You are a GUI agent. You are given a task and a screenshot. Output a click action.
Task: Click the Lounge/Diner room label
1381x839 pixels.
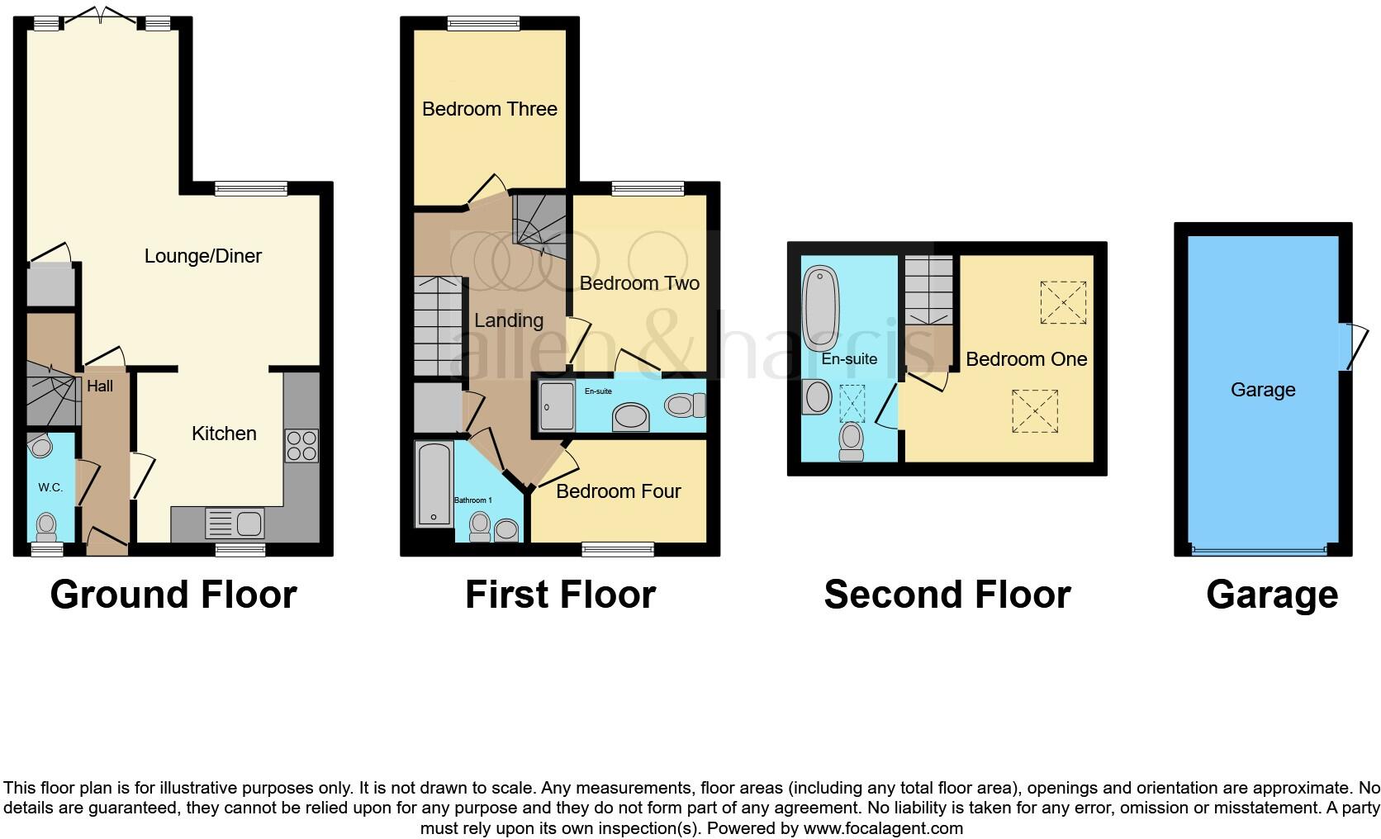tap(202, 256)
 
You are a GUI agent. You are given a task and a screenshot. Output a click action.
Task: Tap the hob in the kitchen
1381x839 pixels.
tap(301, 446)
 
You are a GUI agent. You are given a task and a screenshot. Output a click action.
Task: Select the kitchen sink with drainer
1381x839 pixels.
tap(235, 524)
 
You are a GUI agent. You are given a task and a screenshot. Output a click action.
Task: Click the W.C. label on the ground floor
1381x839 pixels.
tap(50, 487)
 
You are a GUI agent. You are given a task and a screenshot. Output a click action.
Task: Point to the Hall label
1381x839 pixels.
tap(100, 386)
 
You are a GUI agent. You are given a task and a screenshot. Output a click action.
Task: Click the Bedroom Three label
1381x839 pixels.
tap(489, 109)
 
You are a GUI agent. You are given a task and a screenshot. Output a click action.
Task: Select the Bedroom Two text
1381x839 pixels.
tap(639, 283)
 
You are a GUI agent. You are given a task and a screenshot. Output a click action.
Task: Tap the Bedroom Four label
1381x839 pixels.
tap(618, 491)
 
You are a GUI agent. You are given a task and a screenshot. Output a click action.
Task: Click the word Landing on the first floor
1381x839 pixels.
tap(508, 320)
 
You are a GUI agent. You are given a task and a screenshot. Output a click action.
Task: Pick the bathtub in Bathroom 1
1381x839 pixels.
tap(434, 484)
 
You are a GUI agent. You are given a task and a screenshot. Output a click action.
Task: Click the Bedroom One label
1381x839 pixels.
tap(1026, 359)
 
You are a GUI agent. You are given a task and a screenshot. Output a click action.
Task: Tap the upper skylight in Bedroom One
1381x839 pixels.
tap(1063, 302)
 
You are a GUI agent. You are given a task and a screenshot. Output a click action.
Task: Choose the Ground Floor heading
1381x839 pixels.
tap(173, 595)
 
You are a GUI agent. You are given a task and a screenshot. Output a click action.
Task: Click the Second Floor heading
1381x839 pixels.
tap(947, 595)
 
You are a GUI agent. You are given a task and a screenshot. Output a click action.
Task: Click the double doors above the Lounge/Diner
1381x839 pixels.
tap(102, 17)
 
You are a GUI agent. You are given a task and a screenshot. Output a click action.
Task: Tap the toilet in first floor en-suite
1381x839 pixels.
tap(684, 405)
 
